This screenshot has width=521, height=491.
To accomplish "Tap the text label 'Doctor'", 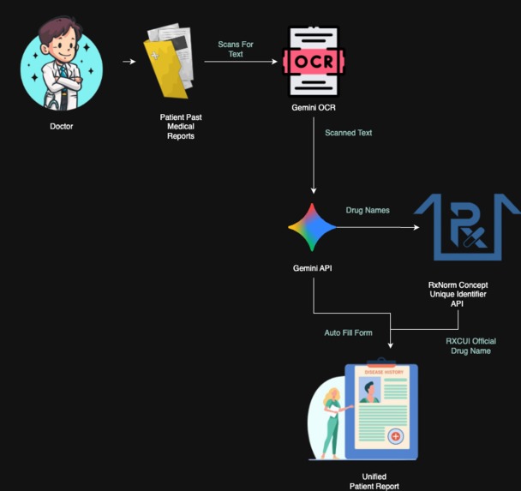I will (61, 127).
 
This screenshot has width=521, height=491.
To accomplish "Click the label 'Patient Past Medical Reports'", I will (180, 126).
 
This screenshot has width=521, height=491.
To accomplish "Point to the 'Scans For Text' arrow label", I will (236, 49).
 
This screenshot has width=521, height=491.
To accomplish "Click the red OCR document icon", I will (314, 62).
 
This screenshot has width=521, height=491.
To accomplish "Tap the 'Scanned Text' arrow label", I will (348, 133).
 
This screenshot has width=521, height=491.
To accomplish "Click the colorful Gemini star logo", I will (314, 228).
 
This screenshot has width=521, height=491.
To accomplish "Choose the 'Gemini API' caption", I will (313, 268).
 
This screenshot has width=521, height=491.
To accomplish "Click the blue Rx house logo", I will (467, 226).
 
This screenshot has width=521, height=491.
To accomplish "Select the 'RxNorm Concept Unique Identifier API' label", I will (457, 293).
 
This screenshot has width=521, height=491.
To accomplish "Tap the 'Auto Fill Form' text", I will (348, 332).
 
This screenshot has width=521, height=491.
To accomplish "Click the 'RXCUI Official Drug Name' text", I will (470, 346).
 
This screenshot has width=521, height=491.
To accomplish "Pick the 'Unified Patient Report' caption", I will (374, 481).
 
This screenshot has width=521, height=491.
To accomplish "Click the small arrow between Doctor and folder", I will (129, 62).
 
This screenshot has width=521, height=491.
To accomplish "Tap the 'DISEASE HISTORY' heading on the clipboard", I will (383, 372).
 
